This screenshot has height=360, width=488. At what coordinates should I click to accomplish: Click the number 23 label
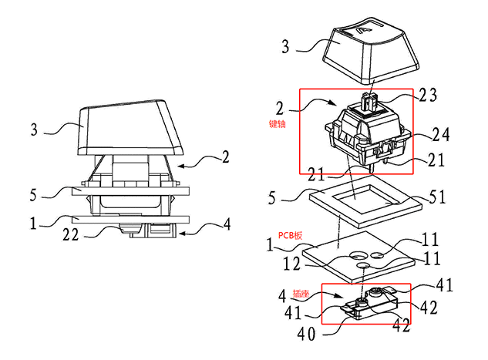428,95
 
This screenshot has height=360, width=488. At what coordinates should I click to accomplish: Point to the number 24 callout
441,135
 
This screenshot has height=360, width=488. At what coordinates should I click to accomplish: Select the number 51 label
438,197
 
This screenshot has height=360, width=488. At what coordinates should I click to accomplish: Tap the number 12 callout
291,264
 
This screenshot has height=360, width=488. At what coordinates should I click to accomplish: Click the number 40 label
306,334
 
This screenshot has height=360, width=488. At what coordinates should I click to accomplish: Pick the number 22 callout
71,234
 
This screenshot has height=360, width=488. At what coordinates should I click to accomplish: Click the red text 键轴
277,124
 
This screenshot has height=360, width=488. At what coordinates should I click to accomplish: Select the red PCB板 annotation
290,236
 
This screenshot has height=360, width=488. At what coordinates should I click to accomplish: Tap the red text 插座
301,293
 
